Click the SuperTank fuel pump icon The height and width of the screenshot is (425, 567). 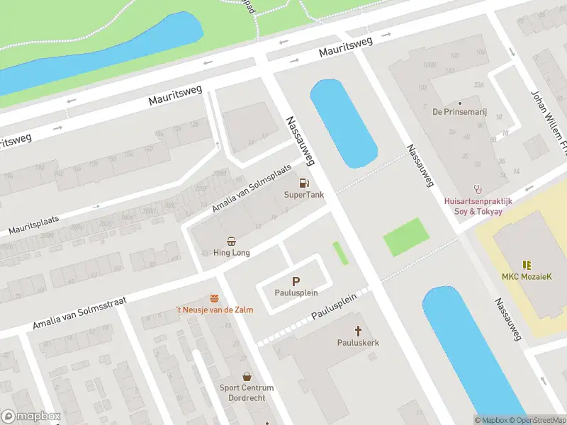pos(304,183)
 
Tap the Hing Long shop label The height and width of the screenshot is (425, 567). pos(231,252)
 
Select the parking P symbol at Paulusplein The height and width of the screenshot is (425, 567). pos(296,281)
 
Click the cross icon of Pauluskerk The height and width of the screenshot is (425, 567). pos(358,331)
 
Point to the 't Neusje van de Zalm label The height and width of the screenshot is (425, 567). pos(214,310)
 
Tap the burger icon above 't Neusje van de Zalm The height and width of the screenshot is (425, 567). pos(214,299)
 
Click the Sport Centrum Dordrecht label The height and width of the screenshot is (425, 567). pos(247,392)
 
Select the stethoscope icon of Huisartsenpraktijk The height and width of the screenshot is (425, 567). pos(478,189)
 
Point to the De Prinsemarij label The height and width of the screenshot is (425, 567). pos(459,112)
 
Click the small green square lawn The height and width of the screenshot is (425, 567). pos(407,237)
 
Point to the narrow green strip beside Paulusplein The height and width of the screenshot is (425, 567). pos(341,253)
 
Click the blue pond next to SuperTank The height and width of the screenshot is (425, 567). pos(343,124)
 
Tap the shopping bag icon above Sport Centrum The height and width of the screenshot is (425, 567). pos(247,377)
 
